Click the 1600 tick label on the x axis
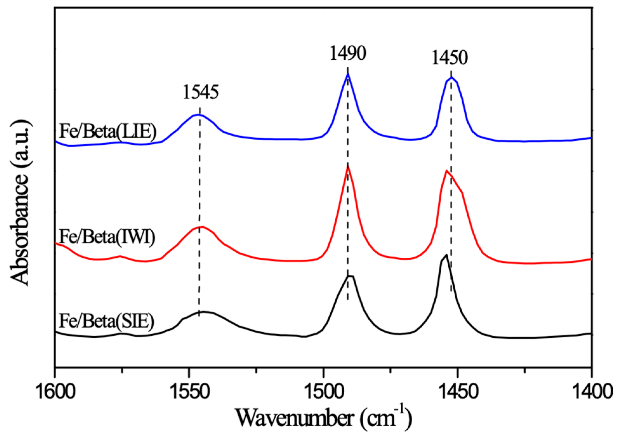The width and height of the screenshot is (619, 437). (55, 392)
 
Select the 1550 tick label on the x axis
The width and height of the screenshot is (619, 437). (189, 392)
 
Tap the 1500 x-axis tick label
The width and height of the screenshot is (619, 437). (323, 392)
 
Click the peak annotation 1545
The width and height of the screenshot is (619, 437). (200, 92)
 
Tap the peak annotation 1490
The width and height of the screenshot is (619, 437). (348, 53)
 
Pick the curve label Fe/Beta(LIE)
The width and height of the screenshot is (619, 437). (108, 131)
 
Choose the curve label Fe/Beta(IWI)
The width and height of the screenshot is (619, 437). (107, 237)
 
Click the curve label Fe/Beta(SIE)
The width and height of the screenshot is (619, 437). (106, 321)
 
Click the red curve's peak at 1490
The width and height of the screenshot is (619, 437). (348, 166)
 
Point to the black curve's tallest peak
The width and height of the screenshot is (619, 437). (446, 255)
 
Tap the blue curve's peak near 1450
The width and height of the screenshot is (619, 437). (451, 77)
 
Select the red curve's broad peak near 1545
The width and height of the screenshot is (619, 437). (202, 227)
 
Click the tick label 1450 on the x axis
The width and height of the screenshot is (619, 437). (458, 392)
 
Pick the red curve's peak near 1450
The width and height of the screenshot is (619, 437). (447, 171)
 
